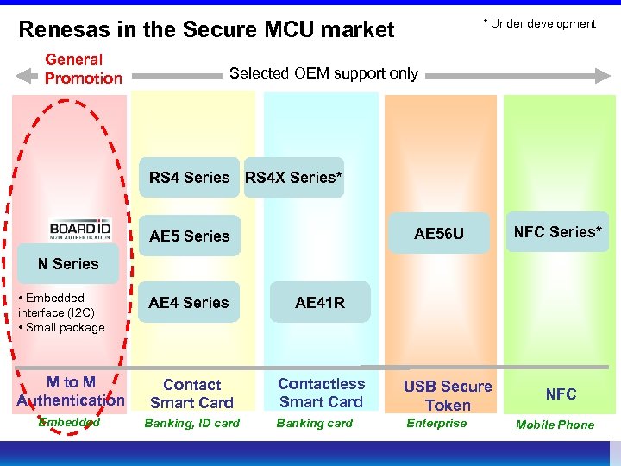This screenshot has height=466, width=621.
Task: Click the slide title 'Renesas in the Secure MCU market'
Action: coord(206,30)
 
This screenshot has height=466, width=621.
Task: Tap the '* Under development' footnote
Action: coord(543,23)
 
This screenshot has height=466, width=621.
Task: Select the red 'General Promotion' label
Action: coord(84,69)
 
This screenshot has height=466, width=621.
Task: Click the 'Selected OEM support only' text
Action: coord(323,73)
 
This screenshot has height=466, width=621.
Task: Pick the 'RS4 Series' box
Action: coord(189,178)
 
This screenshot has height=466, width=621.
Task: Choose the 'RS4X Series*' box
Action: coord(293,178)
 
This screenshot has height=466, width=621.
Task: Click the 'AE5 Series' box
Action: coord(189,236)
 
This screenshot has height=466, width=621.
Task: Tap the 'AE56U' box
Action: coord(438,234)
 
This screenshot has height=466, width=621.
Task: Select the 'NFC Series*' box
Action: coord(556,231)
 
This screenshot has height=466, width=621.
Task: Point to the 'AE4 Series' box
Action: coord(189,303)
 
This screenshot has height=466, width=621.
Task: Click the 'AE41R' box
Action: coord(319,303)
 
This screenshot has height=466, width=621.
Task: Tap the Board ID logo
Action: coord(80,227)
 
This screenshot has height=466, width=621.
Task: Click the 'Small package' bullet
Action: coord(61,327)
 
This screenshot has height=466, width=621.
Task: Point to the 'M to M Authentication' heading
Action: coord(71,391)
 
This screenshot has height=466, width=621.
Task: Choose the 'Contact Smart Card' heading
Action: coord(191,394)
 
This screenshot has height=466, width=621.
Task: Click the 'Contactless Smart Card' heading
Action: coord(321,393)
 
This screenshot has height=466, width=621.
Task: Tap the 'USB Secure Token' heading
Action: coord(448,395)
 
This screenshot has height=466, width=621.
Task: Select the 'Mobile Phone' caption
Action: coord(555,425)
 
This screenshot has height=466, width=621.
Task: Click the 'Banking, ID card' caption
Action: coord(191,423)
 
